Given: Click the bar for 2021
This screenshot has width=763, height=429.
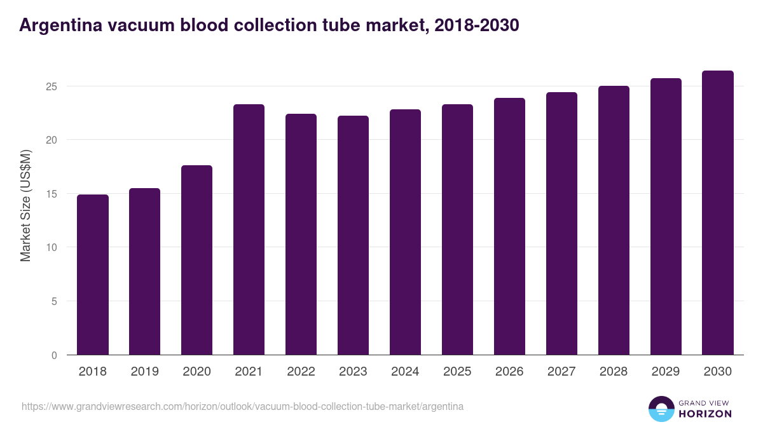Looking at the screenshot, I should pyautogui.click(x=249, y=229).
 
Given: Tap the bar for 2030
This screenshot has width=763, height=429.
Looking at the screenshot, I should pyautogui.click(x=718, y=213).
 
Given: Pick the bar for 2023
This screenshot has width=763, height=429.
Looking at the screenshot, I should pyautogui.click(x=353, y=235).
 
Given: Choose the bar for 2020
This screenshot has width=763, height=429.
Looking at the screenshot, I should pyautogui.click(x=196, y=260).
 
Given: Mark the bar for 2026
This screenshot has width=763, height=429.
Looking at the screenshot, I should pyautogui.click(x=509, y=226).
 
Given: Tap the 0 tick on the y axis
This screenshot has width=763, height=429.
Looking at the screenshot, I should pyautogui.click(x=54, y=355).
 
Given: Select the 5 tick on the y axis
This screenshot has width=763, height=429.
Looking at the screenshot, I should pyautogui.click(x=54, y=301).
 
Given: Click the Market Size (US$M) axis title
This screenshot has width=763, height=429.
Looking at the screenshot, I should pyautogui.click(x=25, y=205).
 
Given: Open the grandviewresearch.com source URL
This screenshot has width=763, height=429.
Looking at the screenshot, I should pyautogui.click(x=242, y=406).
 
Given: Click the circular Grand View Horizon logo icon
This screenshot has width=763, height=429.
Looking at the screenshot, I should pyautogui.click(x=661, y=409).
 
